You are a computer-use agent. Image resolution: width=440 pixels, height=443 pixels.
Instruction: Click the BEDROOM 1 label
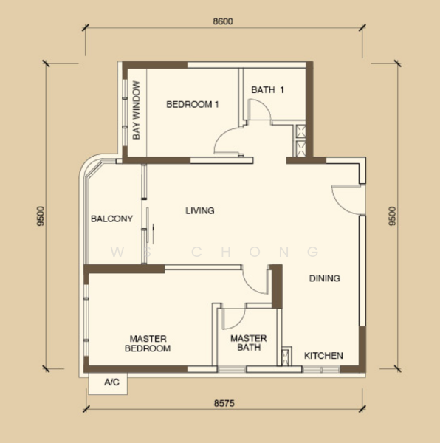pyautogui.click(x=193, y=105)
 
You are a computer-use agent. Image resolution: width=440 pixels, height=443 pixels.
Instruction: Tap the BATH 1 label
pyautogui.click(x=268, y=90)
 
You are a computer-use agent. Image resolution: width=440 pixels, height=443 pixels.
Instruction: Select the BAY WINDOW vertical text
pyautogui.click(x=137, y=110)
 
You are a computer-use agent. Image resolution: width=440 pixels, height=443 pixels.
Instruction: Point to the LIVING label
pyautogui.click(x=200, y=210)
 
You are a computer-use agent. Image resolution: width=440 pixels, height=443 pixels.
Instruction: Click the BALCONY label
pyautogui.click(x=111, y=219)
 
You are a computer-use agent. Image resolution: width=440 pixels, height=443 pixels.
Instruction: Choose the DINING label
pyautogui.click(x=325, y=278)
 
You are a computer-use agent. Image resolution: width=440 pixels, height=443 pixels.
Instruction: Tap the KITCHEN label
pyautogui.click(x=323, y=355)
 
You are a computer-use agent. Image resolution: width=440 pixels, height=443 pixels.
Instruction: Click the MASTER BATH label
pyautogui.click(x=249, y=343)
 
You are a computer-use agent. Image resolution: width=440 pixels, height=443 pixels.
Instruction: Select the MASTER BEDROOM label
pyautogui.click(x=148, y=343)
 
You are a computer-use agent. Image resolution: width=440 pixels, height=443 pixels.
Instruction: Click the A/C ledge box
pyautogui.click(x=108, y=384)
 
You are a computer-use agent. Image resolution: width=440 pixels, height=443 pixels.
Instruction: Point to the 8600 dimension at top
pyautogui.click(x=223, y=21)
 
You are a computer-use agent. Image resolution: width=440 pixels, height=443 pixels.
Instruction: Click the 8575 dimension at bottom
pyautogui.click(x=224, y=403)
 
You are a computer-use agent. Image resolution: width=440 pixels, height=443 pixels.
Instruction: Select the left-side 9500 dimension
pyautogui.click(x=41, y=216)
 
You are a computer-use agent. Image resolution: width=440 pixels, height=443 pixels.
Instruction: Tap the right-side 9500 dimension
pyautogui.click(x=392, y=216)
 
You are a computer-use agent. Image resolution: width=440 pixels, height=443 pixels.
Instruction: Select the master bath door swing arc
pyautogui.click(x=240, y=322)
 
